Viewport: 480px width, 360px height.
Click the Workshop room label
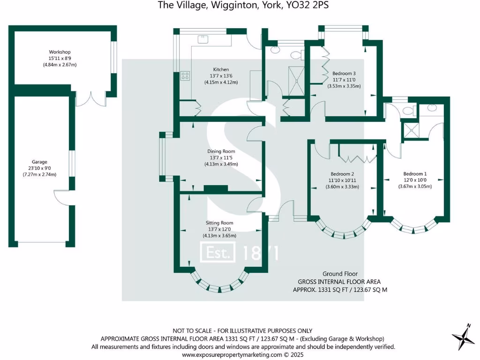click(60, 52)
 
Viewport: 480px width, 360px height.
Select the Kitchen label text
click(221, 69)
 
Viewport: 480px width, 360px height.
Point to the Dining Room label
click(221, 151)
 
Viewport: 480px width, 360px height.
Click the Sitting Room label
click(219, 223)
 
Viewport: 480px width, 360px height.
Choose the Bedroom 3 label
click(344, 74)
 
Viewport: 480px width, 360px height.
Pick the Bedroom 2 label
click(342, 173)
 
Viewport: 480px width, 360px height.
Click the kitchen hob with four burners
click(185, 75)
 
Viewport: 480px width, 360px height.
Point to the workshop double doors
click(92, 98)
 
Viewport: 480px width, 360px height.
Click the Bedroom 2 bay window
click(342, 231)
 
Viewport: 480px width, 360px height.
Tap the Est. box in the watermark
click(217, 254)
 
